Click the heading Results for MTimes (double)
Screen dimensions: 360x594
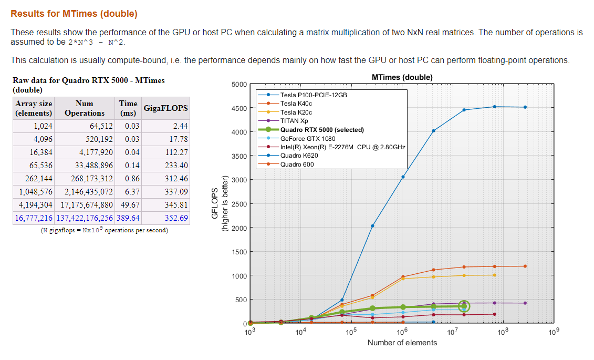click(74, 14)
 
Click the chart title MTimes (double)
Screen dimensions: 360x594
click(402, 77)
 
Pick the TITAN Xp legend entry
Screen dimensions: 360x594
click(294, 121)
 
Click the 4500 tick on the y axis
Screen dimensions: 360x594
click(239, 108)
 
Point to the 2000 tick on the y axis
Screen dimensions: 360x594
click(239, 228)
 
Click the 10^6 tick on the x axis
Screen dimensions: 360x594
click(402, 332)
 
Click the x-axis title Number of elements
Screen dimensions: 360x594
click(402, 343)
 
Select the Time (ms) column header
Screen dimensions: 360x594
click(128, 108)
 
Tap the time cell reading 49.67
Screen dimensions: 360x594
click(129, 205)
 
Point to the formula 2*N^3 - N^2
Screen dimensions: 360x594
click(97, 42)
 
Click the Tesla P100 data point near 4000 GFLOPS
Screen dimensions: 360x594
click(433, 131)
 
